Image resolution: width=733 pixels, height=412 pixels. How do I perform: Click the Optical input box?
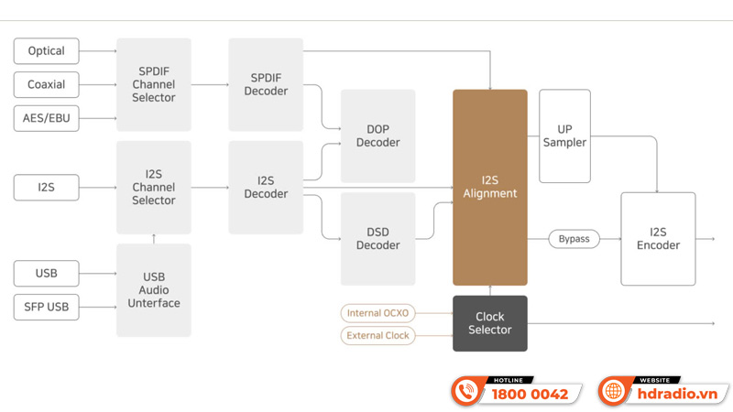46,50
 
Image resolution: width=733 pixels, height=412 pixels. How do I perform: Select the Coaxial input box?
46,84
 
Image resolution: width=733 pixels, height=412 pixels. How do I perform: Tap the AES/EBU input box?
46,118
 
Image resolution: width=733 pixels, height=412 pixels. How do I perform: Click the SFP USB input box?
46,307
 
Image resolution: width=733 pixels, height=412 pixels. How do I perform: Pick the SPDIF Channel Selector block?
154,84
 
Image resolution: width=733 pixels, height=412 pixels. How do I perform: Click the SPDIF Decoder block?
266,84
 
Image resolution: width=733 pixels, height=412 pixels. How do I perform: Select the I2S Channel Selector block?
154,187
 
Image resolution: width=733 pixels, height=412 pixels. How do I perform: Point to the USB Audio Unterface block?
154,290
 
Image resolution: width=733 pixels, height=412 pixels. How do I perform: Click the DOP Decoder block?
377,136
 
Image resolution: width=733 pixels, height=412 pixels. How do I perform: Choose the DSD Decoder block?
377,238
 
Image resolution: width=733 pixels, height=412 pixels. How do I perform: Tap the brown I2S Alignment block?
490,187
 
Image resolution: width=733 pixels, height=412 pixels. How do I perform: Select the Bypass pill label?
574,239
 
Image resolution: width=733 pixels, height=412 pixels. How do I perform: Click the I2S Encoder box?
658,238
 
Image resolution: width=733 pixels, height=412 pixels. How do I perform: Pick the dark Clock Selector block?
490,323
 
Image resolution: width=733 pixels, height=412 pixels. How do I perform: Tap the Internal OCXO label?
377,313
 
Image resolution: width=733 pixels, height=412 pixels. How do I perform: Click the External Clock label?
377,336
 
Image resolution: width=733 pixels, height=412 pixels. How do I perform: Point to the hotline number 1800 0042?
530,395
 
